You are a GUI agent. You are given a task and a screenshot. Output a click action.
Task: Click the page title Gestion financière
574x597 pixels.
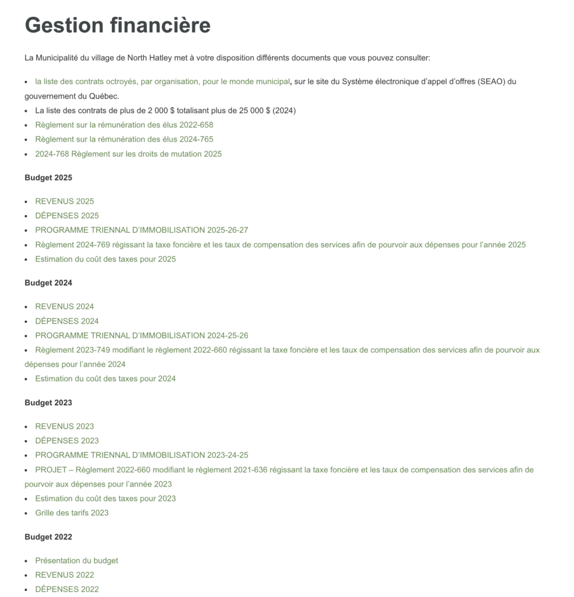117,25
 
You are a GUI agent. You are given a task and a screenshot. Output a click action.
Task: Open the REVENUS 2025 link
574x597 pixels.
64,201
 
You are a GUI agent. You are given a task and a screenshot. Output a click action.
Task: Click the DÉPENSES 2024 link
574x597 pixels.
66,321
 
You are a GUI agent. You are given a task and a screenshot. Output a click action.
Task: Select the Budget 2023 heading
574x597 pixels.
48,402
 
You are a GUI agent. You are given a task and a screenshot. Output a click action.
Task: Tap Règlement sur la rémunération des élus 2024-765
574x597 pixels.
124,139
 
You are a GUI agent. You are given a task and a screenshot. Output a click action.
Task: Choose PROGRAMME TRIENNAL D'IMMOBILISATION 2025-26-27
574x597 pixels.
142,230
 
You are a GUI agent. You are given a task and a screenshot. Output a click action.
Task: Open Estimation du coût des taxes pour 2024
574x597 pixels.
105,378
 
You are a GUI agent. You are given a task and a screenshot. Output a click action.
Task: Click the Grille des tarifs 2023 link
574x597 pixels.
72,513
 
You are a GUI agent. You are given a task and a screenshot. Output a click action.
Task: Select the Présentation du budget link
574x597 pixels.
76,560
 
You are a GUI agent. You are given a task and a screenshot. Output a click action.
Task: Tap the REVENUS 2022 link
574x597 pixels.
64,575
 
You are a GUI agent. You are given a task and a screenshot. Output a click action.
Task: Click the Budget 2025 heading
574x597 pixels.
48,177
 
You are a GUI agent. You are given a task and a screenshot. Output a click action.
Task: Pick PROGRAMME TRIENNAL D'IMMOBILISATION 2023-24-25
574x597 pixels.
142,455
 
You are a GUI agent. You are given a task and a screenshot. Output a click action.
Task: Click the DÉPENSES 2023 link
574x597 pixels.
66,440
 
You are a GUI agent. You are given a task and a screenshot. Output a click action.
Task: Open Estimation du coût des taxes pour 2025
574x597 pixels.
105,259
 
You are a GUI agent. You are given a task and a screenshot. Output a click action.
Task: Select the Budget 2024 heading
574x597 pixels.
48,283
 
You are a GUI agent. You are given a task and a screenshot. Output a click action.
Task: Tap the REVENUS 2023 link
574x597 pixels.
64,426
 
